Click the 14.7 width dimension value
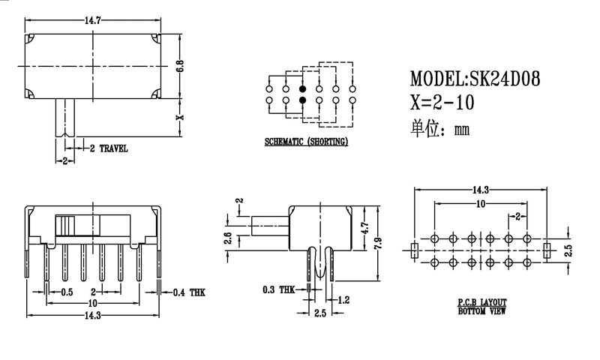click(93, 20)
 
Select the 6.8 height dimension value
click(180, 65)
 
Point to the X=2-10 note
click(442, 102)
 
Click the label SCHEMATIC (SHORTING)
click(306, 142)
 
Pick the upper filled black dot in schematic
click(302, 88)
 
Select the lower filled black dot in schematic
click(302, 100)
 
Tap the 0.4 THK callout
click(187, 292)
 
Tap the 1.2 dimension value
click(343, 300)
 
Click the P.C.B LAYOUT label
click(481, 302)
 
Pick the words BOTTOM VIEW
click(481, 310)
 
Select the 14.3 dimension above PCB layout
click(481, 190)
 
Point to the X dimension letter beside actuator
click(179, 118)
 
